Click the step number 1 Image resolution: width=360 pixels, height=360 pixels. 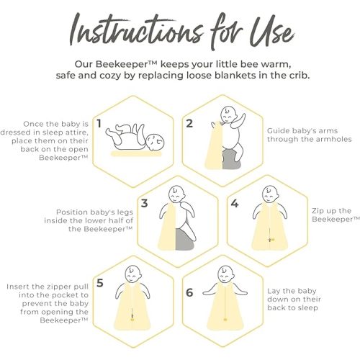coord(99,124)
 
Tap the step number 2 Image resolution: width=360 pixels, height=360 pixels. coord(189,124)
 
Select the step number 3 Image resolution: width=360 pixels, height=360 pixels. coord(144,203)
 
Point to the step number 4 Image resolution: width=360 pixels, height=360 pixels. coord(235,203)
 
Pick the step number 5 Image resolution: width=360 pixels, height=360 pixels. coord(100,283)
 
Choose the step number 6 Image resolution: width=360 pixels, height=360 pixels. coord(189,292)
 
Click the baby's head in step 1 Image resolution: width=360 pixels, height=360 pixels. coord(156,143)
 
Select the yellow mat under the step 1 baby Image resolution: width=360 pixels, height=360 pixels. coord(136,154)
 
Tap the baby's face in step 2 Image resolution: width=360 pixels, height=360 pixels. coord(228,114)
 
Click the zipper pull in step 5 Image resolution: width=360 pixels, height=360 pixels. coord(132,317)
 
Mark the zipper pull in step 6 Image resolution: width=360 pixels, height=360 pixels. coord(225,320)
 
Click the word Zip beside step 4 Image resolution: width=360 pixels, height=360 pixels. coord(318,212)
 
